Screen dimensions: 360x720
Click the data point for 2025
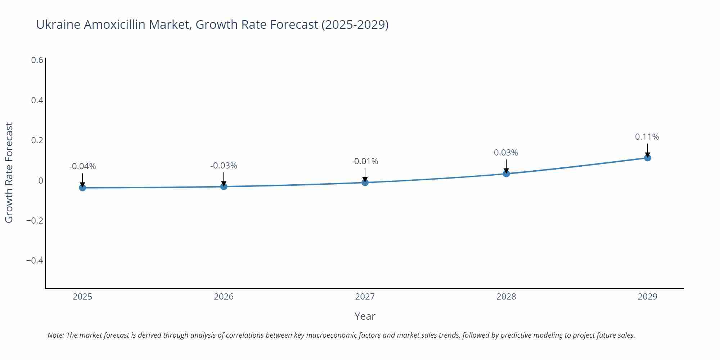[82, 188]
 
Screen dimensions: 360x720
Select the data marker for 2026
[224, 186]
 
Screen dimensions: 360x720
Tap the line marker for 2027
[365, 183]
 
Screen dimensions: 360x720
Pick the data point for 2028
[506, 174]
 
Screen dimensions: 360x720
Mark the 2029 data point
[647, 158]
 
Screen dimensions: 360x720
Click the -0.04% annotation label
[82, 166]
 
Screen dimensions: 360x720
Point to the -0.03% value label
[224, 166]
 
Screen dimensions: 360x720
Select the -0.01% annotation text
[365, 161]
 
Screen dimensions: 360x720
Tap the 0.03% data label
[506, 153]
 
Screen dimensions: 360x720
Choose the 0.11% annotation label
[647, 137]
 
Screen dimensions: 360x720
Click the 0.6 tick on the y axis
[37, 60]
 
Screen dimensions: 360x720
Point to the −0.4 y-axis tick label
[35, 260]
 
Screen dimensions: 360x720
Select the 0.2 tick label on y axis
[37, 140]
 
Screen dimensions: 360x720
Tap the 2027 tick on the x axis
[365, 297]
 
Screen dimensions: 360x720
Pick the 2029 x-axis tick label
[647, 297]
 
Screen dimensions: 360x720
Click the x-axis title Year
[365, 316]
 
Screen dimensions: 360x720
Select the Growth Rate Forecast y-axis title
[9, 172]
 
